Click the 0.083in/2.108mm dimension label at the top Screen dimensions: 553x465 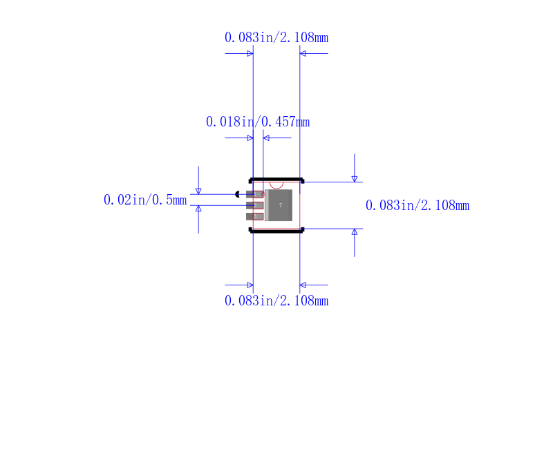pyautogui.click(x=276, y=37)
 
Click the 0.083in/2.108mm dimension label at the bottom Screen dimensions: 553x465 pyautogui.click(x=276, y=301)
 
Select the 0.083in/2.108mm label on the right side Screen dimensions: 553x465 pyautogui.click(x=418, y=205)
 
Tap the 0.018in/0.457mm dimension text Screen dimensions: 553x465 pyautogui.click(x=258, y=122)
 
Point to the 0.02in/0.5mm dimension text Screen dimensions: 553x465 pyautogui.click(x=145, y=200)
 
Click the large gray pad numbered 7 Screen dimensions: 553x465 pyautogui.click(x=279, y=205)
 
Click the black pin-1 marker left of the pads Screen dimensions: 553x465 pyautogui.click(x=237, y=194)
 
